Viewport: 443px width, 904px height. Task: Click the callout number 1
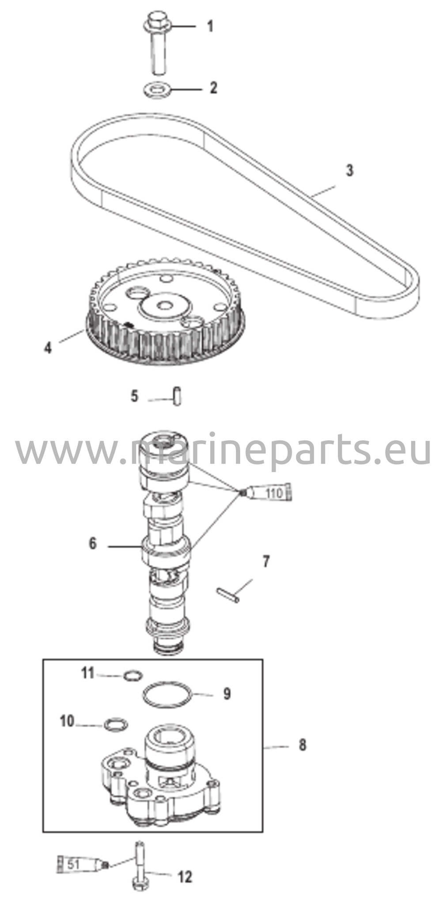210,26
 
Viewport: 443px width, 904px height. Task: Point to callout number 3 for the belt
349,170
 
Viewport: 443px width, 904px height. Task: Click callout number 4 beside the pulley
48,347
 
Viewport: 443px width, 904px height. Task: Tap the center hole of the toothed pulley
165,305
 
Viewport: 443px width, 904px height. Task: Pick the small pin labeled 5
177,396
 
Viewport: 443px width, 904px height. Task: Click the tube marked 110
269,492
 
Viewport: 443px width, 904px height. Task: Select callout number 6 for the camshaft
92,543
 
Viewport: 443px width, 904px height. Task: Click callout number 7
266,562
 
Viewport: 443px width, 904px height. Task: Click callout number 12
186,877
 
